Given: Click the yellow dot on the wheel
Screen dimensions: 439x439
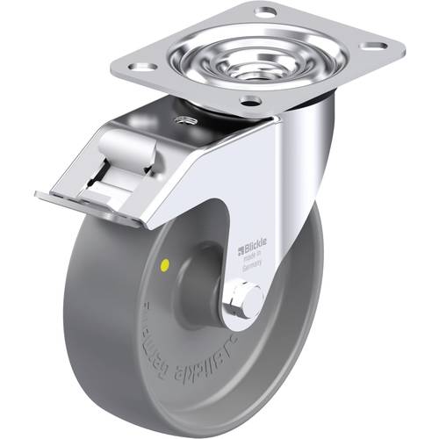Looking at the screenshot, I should point(167,263).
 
